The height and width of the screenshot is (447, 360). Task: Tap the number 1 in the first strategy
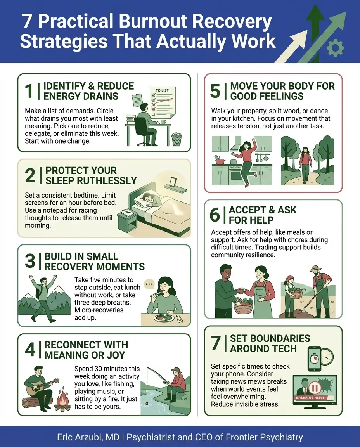[29, 91]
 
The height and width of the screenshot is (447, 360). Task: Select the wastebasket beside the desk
[177, 139]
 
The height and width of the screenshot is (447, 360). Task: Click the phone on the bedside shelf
[173, 182]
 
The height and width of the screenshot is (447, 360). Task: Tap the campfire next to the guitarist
[62, 400]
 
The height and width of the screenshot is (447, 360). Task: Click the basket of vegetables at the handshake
[243, 304]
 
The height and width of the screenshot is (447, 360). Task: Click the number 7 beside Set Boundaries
[215, 343]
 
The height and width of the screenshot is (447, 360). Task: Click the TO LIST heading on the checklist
[163, 90]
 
